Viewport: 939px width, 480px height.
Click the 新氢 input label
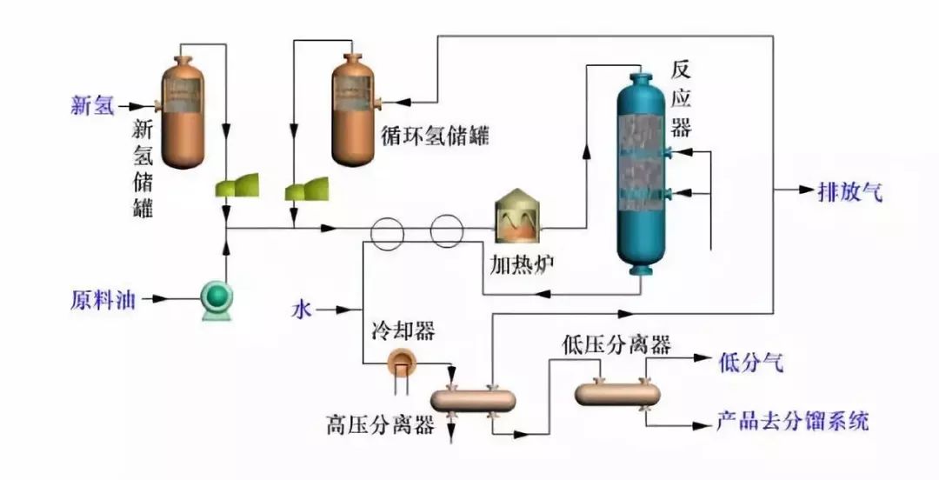click(92, 106)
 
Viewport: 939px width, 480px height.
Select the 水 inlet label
click(301, 309)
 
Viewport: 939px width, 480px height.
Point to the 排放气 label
click(849, 192)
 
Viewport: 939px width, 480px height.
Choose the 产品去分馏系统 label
click(791, 423)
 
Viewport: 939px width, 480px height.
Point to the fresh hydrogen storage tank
click(183, 111)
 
